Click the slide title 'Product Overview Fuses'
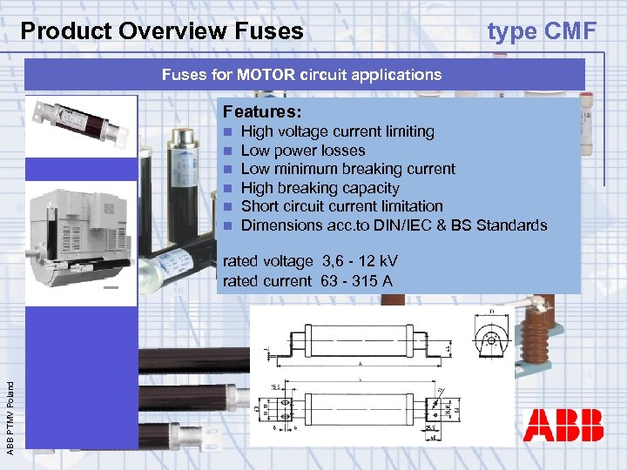point(162,31)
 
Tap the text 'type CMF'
point(542,31)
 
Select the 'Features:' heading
point(262,112)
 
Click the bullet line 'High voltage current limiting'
point(337,131)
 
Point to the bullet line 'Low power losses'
point(302,151)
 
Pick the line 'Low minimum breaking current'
point(347,169)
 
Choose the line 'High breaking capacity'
point(320,188)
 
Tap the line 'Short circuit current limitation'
point(341,206)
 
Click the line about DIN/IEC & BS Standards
point(394,225)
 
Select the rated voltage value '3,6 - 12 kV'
point(360,261)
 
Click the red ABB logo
point(563,426)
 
